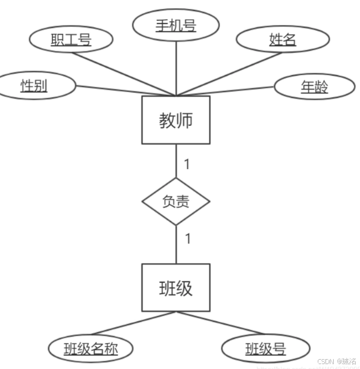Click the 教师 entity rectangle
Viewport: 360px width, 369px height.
point(176,120)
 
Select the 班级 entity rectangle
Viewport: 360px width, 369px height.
point(176,288)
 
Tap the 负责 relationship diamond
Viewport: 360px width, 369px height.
point(176,202)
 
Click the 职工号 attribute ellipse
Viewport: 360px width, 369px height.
point(71,40)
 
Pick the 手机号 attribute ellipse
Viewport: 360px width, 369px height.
point(176,25)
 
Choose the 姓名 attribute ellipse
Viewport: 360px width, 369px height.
point(283,40)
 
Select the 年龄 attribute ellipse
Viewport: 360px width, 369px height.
point(314,86)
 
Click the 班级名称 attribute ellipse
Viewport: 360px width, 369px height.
point(91,348)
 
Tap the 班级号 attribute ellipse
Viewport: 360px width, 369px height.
point(266,348)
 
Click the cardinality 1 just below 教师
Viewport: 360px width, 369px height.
point(187,164)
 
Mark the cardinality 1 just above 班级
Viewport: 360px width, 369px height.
point(188,239)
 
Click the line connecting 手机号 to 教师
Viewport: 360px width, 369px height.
point(176,66)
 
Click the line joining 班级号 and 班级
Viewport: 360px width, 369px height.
point(220,323)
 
